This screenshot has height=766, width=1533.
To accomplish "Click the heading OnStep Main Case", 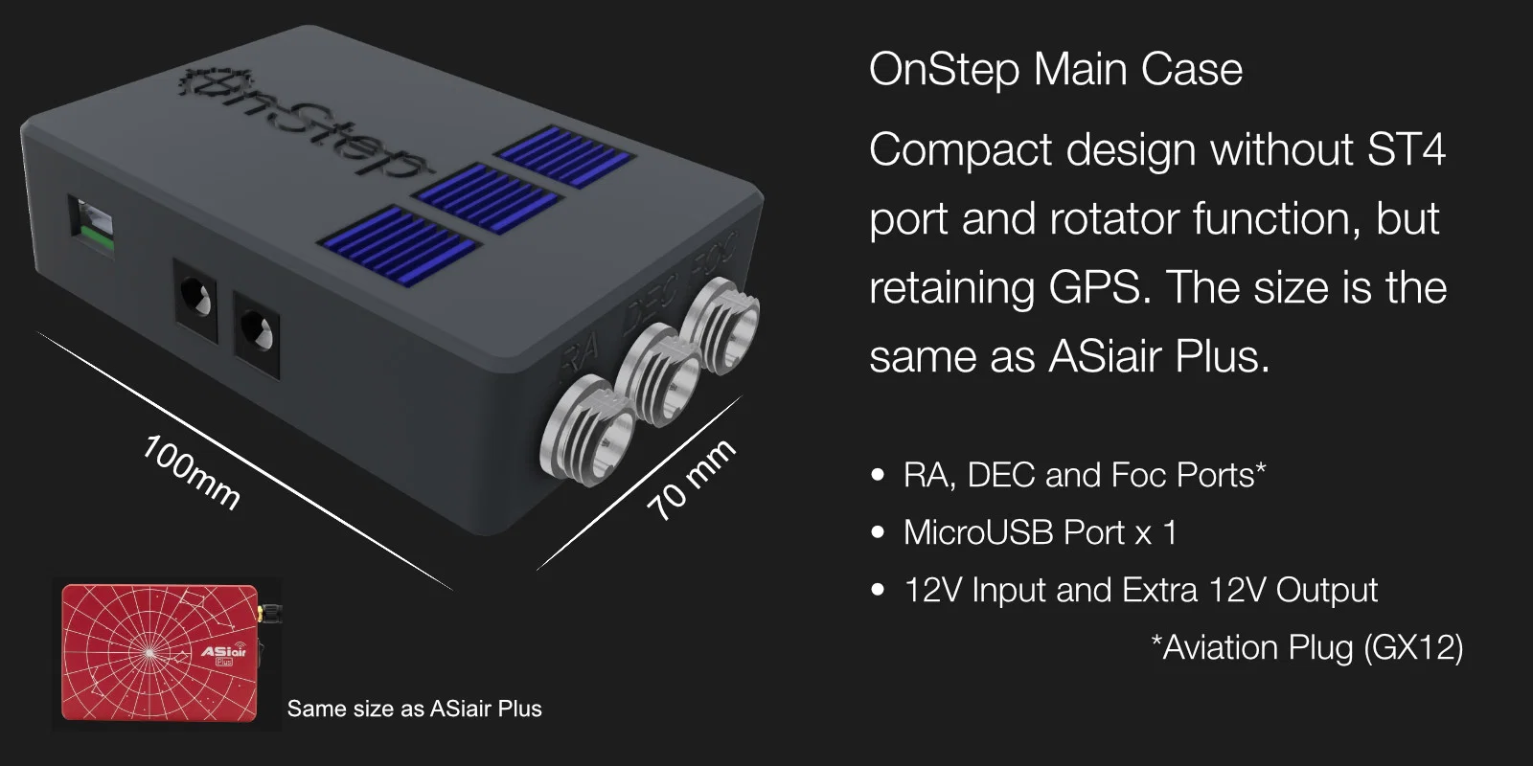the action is click(x=1055, y=70).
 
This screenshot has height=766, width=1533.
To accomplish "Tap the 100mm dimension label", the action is click(x=191, y=472).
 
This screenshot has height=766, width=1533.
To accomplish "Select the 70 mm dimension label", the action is click(x=692, y=480).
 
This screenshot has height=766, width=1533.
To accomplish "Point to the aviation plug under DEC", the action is click(x=659, y=375).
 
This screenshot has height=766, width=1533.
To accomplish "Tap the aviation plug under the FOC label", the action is click(x=720, y=326).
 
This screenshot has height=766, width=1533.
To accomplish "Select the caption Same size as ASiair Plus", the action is click(x=414, y=709).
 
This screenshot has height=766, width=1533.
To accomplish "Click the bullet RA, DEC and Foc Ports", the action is click(x=1085, y=475).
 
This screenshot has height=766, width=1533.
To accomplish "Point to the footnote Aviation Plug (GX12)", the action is click(x=1307, y=647).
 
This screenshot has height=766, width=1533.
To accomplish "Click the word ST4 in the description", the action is click(x=1407, y=149).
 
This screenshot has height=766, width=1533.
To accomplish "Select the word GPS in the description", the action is click(x=1096, y=287).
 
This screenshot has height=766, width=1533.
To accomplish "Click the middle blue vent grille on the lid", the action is click(x=487, y=197).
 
